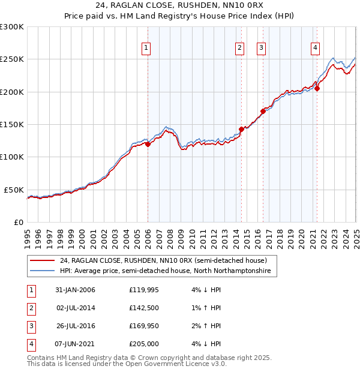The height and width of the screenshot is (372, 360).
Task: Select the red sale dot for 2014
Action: click(241, 129)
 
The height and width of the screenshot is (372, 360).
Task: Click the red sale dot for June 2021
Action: click(317, 89)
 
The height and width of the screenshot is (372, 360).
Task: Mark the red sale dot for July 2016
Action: click(263, 111)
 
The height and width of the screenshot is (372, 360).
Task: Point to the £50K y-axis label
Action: click(13, 189)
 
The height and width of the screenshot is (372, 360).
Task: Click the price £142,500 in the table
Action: click(143, 308)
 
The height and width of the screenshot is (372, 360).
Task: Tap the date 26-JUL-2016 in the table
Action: click(75, 326)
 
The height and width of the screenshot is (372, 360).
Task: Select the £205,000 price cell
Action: click(143, 344)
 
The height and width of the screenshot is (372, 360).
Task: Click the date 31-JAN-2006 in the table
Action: click(75, 290)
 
